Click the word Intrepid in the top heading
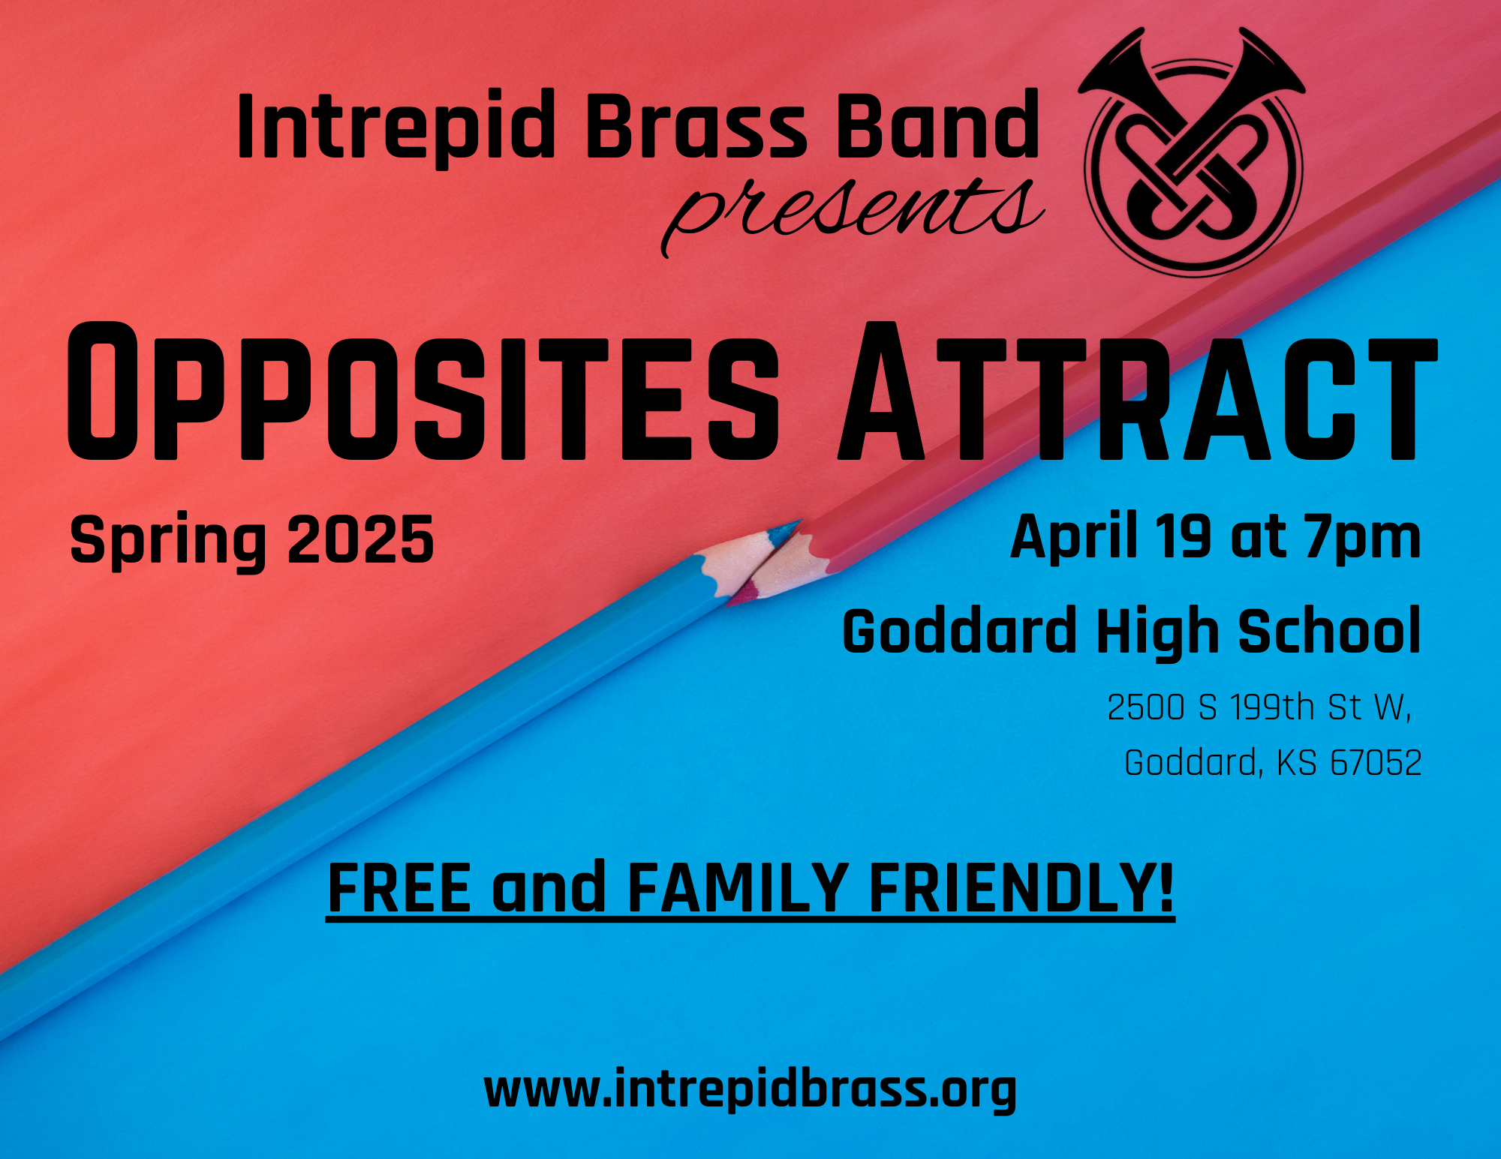396,126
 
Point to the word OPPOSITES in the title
424,391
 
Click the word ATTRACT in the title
1138,391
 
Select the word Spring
168,542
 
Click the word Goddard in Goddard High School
960,631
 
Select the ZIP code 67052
1376,763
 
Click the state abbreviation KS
1297,763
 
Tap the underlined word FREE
400,888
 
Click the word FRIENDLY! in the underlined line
1021,888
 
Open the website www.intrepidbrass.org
750,1089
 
